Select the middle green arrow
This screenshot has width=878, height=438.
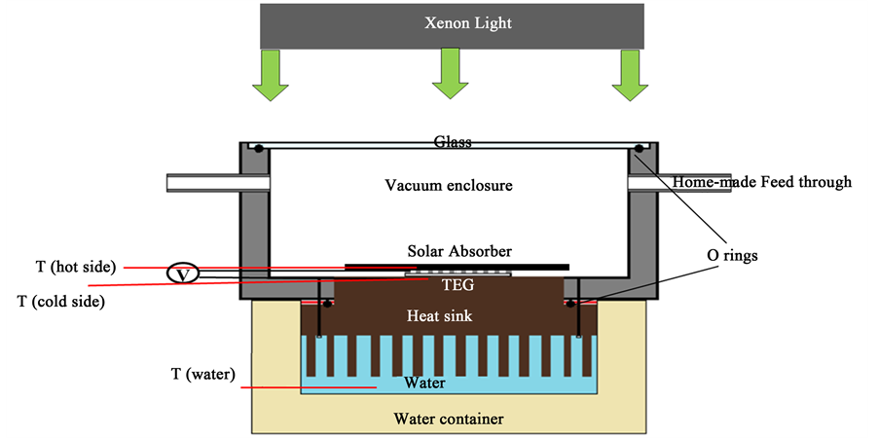[x=450, y=76]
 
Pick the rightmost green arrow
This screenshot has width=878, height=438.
[x=630, y=76]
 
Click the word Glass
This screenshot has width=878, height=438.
[x=453, y=142]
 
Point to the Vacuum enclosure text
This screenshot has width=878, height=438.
[x=448, y=185]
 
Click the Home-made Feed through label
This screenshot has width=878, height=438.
[x=762, y=181]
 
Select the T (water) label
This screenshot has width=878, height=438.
[x=201, y=374]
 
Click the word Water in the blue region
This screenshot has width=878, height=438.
[x=425, y=383]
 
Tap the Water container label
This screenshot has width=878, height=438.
[x=449, y=420]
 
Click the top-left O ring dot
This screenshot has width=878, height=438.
[x=261, y=149]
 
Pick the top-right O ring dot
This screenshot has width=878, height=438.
[x=639, y=149]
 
